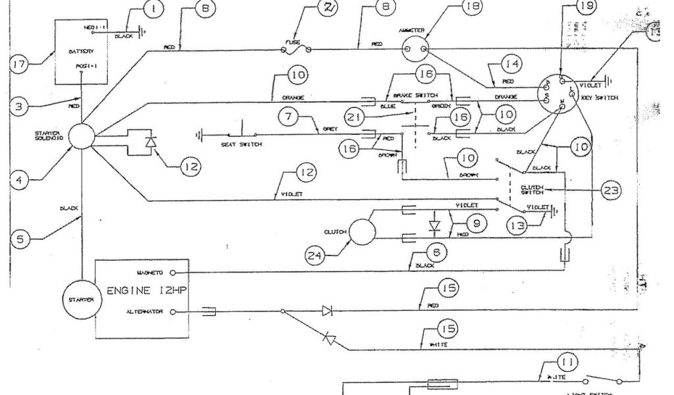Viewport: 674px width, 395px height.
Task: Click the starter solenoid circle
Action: (82, 138)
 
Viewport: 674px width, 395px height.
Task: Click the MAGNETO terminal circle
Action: (172, 271)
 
